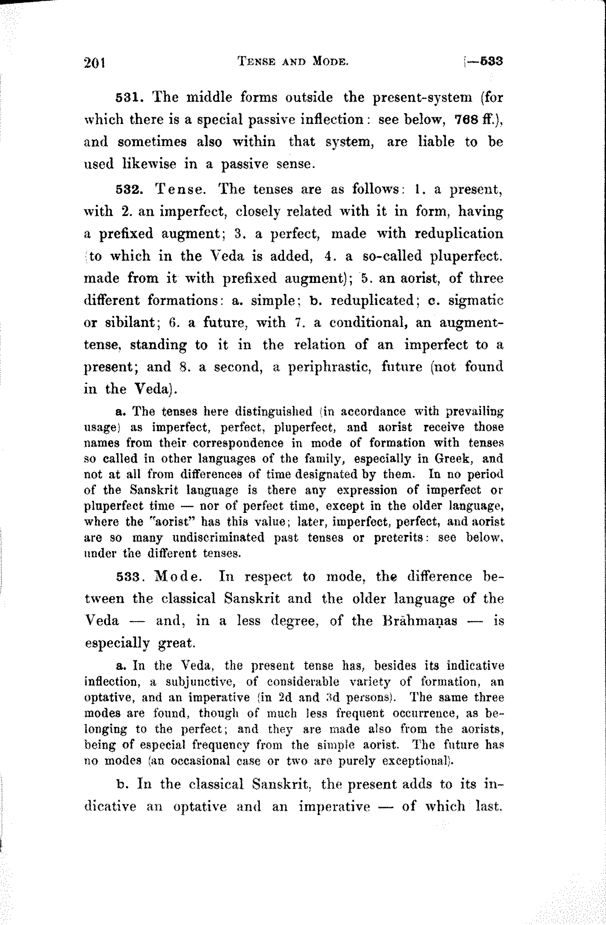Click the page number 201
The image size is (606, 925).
point(95,62)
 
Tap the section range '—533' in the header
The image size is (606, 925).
point(487,61)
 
